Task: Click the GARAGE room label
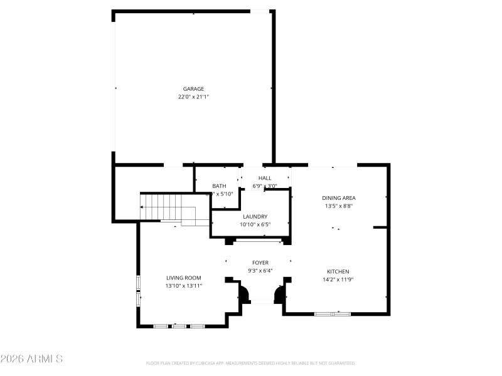pos(193,89)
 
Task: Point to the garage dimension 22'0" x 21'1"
pos(193,97)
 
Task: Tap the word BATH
pos(219,186)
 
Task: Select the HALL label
pos(265,178)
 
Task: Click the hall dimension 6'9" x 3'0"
pos(265,186)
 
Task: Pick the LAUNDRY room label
pos(255,216)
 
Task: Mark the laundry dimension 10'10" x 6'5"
pos(255,224)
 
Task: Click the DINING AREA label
pos(339,198)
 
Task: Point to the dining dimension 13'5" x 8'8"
pos(339,206)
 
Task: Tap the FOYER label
pos(260,263)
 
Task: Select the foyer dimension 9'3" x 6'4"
pos(260,271)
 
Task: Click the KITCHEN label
pos(338,271)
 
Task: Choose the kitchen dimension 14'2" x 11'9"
pos(338,279)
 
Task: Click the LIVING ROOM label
pos(183,278)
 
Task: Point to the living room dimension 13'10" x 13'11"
pos(183,286)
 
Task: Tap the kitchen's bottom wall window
pos(333,313)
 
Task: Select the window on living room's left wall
pos(139,291)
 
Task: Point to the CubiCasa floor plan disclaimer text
pos(251,363)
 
